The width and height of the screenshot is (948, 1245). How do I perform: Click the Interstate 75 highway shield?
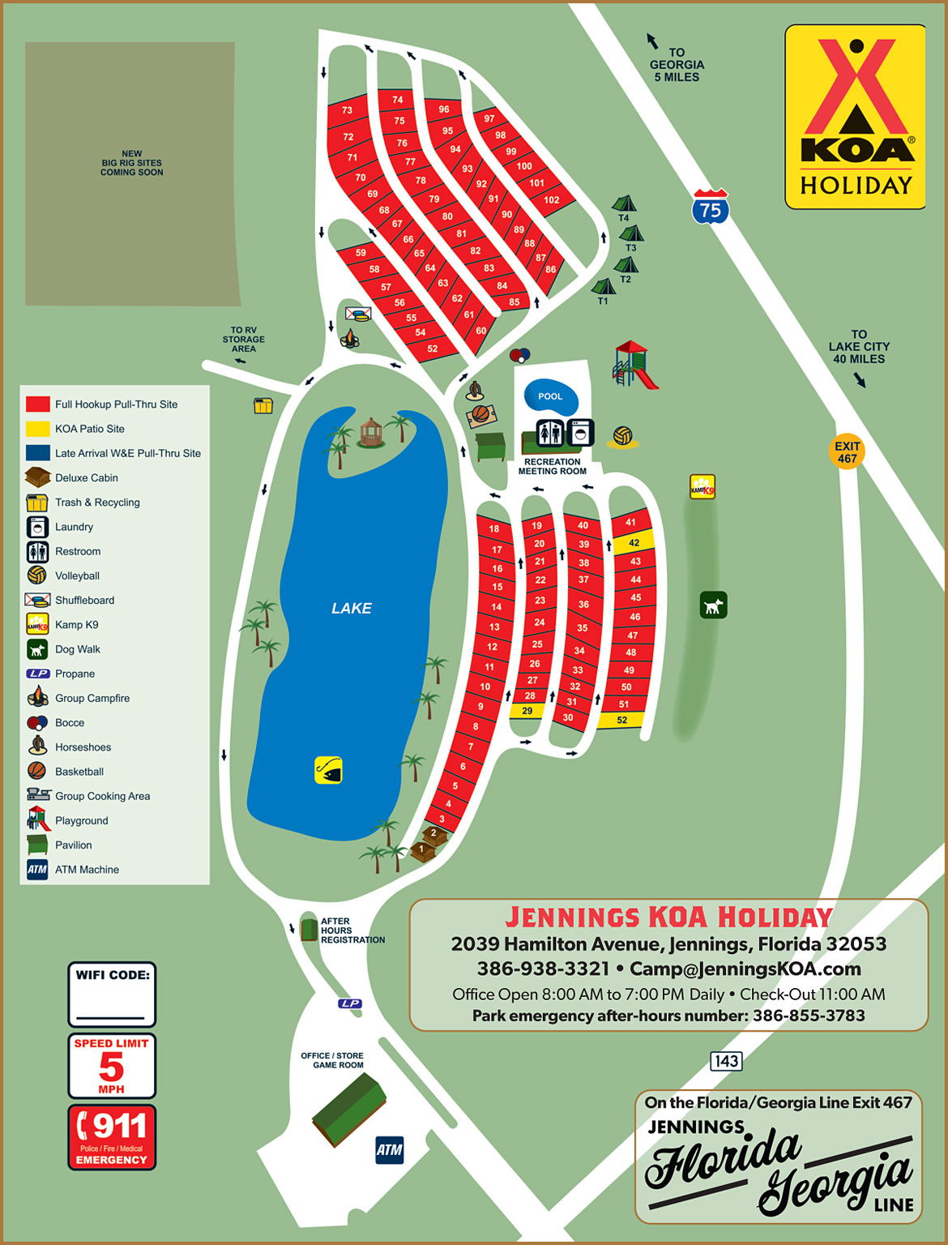[711, 207]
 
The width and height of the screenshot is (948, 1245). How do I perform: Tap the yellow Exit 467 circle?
[847, 452]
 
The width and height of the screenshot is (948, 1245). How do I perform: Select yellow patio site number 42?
[634, 543]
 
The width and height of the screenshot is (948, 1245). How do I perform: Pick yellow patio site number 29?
[527, 711]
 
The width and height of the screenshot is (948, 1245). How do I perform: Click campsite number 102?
[552, 199]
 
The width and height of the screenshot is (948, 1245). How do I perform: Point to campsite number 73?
[347, 110]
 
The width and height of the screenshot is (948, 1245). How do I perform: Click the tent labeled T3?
[631, 235]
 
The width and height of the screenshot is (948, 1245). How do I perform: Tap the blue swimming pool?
[551, 396]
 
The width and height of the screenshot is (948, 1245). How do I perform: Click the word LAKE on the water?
[352, 608]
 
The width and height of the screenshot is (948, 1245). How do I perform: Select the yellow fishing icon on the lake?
[328, 770]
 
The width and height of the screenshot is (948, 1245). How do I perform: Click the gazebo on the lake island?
[370, 432]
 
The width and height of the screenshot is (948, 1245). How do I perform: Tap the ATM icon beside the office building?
[389, 1149]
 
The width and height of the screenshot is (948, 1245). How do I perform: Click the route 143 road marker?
[726, 1061]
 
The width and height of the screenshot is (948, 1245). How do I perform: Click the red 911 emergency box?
[112, 1136]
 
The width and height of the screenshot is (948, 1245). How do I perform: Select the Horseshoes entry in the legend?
[83, 747]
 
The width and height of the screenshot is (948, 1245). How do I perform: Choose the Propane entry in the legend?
[75, 674]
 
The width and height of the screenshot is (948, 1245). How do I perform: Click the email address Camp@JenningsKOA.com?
[745, 969]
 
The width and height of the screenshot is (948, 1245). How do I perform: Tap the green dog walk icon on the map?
[713, 605]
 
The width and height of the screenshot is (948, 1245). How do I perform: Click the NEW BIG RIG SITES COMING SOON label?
[131, 163]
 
